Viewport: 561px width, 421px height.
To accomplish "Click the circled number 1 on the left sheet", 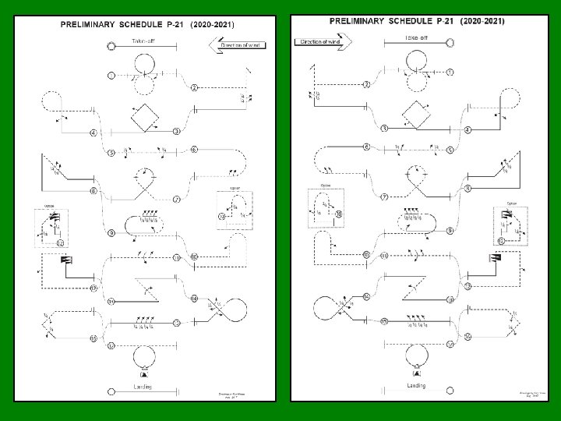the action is click(111, 75).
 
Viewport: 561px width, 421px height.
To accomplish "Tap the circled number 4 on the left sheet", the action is click(93, 133).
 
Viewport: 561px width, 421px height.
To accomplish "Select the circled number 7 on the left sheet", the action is click(177, 200).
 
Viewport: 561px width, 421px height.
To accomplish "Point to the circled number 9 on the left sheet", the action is click(111, 233).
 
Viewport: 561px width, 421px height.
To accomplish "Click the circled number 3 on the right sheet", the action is click(384, 129).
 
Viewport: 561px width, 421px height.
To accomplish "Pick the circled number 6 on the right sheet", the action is click(366, 147).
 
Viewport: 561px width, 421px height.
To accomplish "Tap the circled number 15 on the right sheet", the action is click(383, 322).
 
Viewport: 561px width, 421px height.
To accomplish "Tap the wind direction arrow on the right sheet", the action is click(321, 41).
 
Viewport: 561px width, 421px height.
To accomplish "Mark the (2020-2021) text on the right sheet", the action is click(480, 20).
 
